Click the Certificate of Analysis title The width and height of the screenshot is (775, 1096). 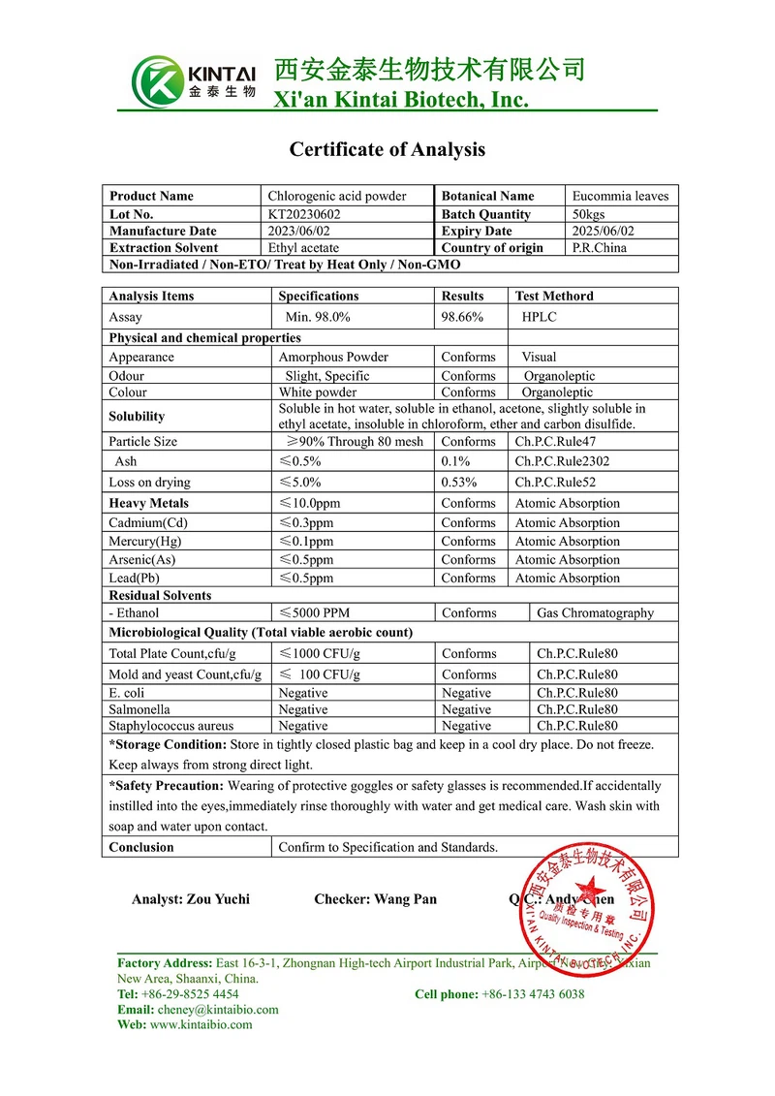coord(387,149)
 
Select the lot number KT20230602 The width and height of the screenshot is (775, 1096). coord(304,214)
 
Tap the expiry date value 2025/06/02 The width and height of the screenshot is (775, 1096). coord(604,231)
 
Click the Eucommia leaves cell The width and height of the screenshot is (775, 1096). coord(620,196)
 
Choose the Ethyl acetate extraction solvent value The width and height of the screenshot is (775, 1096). coord(303,247)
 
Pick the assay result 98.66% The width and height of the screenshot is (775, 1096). coord(462,317)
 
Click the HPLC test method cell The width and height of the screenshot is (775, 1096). coord(539,317)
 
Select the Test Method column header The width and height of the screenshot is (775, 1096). coord(554,296)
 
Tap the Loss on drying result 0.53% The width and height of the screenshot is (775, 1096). coord(459,482)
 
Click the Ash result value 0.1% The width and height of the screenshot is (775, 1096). coord(455,461)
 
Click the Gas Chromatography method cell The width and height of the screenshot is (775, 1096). coord(595,612)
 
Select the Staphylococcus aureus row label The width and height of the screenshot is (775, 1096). coord(170,725)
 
